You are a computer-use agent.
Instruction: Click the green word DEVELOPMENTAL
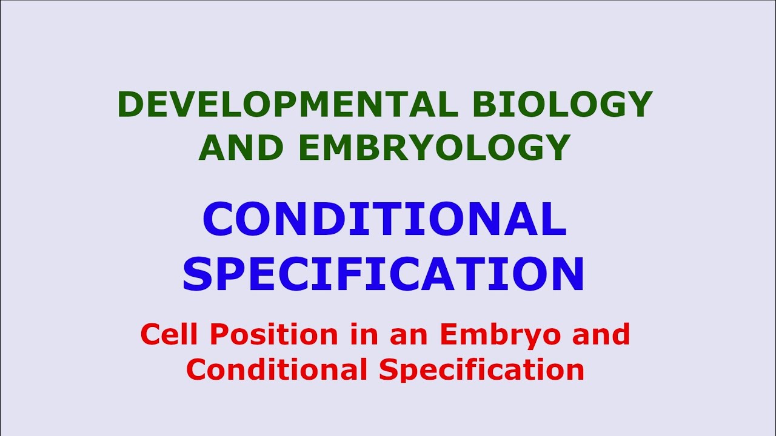coord(287,105)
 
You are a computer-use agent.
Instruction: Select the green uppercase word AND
coord(241,147)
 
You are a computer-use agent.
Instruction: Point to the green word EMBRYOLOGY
coord(434,147)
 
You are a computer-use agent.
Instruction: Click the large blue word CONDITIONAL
coord(384,220)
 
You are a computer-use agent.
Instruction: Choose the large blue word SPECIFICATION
coord(383,274)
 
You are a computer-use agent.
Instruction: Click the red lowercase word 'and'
coord(600,334)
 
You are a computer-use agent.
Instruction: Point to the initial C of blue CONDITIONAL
coord(219,220)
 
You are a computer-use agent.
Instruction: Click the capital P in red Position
coord(211,334)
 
